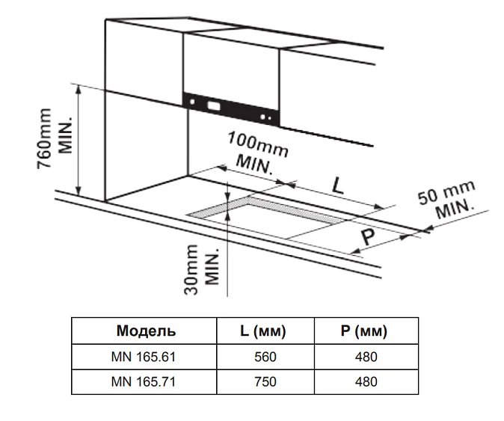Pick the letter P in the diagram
point(368,238)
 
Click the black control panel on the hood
point(231,108)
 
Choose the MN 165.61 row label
point(146,357)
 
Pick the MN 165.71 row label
point(146,381)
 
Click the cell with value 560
point(265,357)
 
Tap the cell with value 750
point(265,381)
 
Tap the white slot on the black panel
point(215,105)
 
